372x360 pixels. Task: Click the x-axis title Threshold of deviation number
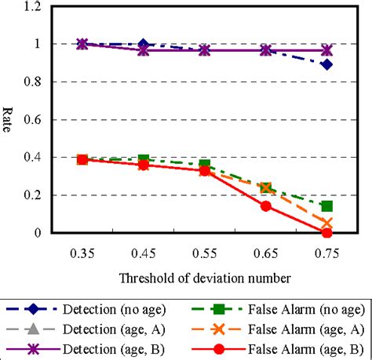(x=205, y=278)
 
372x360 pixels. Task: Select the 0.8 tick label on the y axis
(x=32, y=82)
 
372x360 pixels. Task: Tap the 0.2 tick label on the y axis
(x=32, y=195)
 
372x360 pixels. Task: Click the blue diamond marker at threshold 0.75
(x=326, y=64)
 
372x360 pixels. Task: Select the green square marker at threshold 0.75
(x=326, y=206)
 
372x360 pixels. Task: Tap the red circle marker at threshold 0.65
(x=265, y=206)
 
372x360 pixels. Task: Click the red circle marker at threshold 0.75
(x=326, y=232)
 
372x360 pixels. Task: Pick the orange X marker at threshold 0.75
(x=326, y=224)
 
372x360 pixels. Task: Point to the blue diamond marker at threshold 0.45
(x=143, y=45)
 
